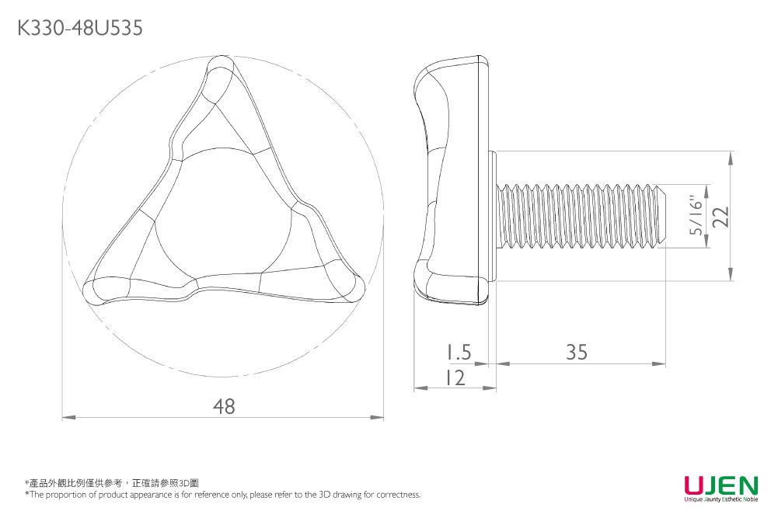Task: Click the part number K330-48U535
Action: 80,28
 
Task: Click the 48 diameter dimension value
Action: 224,406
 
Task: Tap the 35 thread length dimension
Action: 577,352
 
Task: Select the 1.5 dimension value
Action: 458,352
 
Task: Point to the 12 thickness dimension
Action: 455,377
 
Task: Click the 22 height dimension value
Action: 721,216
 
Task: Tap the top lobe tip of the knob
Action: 220,62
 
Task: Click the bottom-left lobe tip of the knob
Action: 90,290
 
